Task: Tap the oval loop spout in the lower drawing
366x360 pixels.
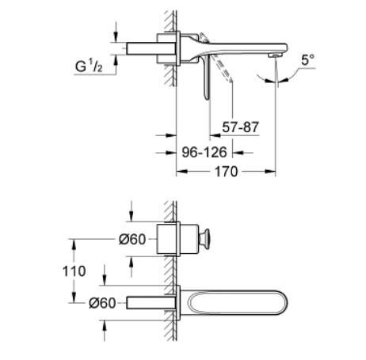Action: pos(230,301)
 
